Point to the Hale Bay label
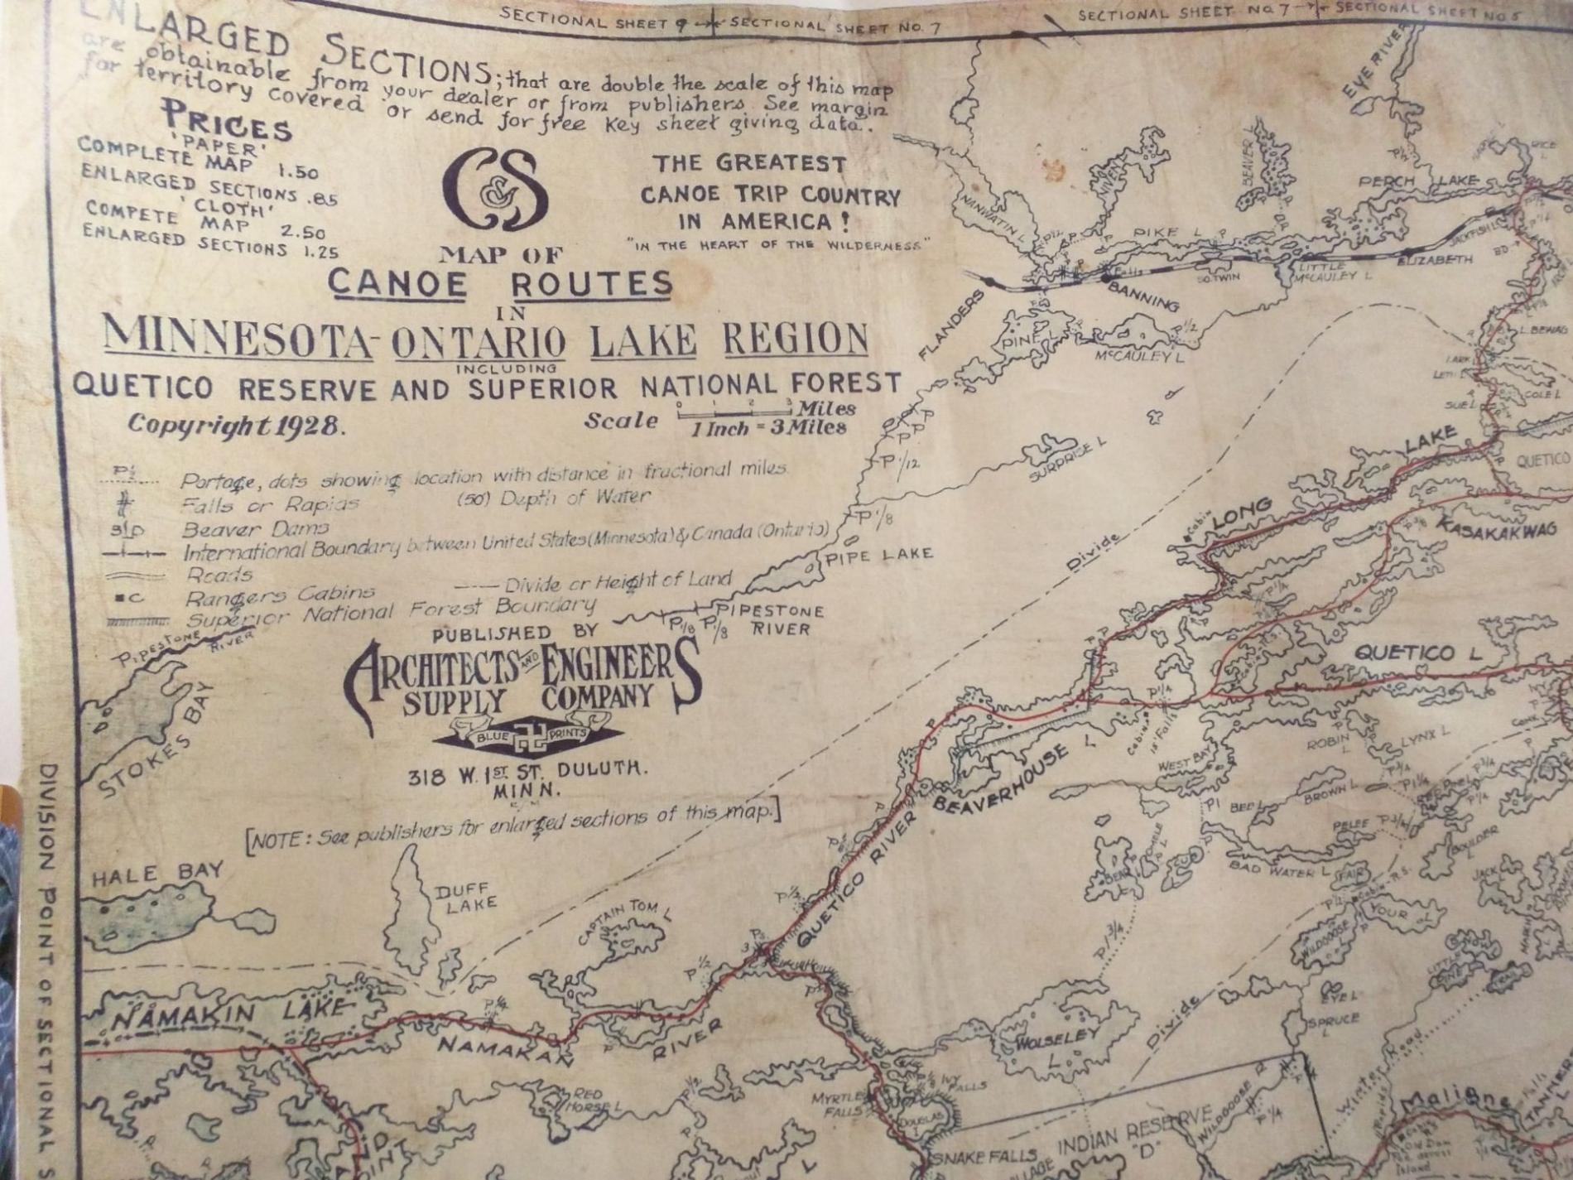[x=156, y=874]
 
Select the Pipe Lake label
[x=878, y=556]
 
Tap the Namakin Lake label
[x=228, y=1013]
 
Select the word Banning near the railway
[x=1142, y=296]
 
